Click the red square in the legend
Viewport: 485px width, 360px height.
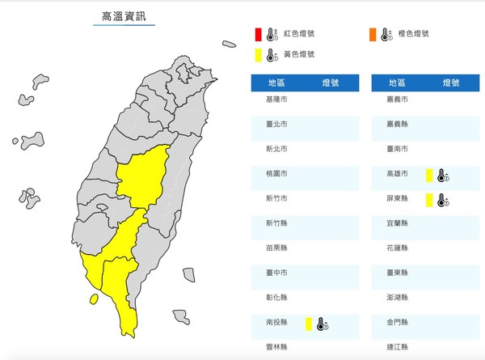[x=256, y=34]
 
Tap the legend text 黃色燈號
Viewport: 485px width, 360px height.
[x=299, y=55]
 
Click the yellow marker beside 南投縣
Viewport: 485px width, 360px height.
[x=308, y=324]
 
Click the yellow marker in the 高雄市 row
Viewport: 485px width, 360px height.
[x=428, y=175]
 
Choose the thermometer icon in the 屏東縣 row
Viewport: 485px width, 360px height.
[x=442, y=200]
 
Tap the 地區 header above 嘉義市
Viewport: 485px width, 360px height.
[x=397, y=82]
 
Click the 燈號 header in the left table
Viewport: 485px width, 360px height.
[x=331, y=82]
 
